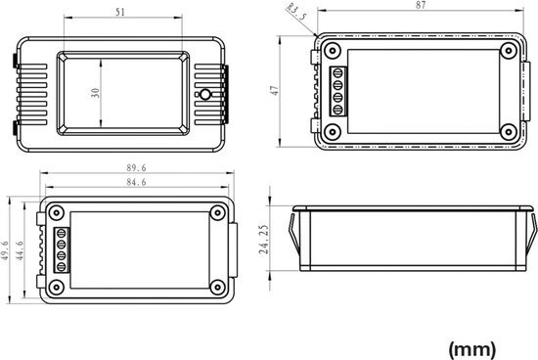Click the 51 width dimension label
point(120,13)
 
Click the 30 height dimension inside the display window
point(96,93)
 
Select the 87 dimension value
point(421,5)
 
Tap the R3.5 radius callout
point(296,13)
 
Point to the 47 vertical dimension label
point(275,90)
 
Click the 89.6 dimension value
point(136,168)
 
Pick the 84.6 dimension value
point(136,182)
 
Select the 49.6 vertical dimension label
point(5,250)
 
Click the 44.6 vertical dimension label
point(20,250)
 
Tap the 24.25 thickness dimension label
point(264,240)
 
